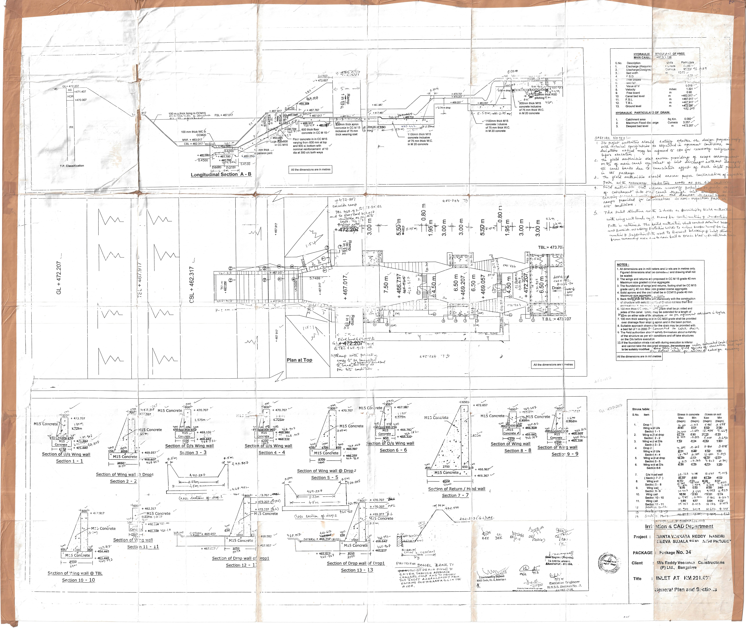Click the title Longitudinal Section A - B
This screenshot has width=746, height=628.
click(221, 174)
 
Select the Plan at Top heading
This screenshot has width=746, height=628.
click(299, 360)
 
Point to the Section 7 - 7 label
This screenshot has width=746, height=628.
click(455, 495)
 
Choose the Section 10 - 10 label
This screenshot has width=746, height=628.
click(78, 580)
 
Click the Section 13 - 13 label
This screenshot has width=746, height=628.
click(357, 570)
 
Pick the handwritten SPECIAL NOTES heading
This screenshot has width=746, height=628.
click(612, 138)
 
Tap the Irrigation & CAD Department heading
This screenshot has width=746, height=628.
click(679, 526)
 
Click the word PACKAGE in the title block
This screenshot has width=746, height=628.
click(642, 553)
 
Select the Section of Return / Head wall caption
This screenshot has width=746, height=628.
click(456, 489)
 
